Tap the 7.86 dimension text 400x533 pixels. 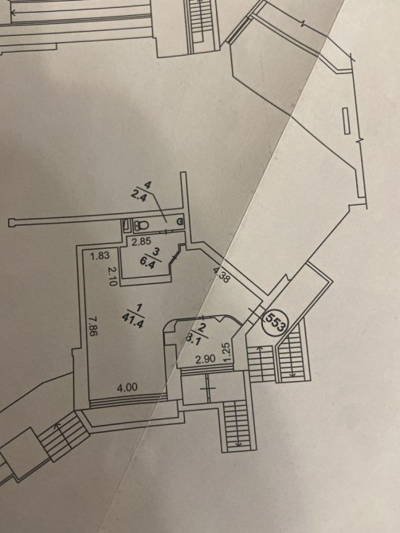point(92,326)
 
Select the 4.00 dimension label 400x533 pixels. point(127,387)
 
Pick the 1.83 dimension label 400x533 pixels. point(100,255)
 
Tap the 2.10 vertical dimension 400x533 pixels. point(112,276)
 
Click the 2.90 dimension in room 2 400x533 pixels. point(206,360)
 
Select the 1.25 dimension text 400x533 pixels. point(229,352)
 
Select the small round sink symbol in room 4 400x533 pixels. point(180,222)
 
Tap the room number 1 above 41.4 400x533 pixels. point(138,309)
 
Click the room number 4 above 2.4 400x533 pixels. point(147,185)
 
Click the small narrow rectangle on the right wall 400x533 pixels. point(346,121)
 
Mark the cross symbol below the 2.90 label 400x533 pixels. point(208,388)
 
